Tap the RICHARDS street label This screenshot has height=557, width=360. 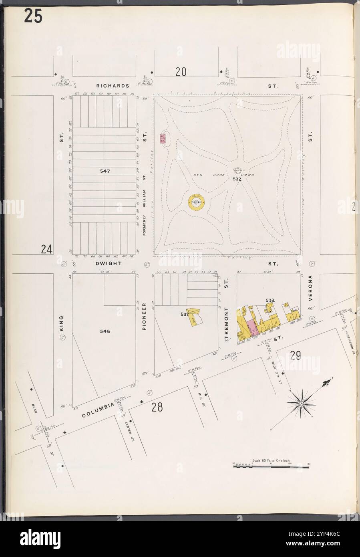(113, 86)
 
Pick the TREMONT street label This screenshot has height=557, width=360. (226, 321)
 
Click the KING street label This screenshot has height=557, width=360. (62, 323)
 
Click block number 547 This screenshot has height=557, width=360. (105, 171)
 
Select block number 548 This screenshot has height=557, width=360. (105, 331)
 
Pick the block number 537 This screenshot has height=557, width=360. (184, 315)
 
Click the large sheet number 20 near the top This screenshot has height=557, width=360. (181, 72)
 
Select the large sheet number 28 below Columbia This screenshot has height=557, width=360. (157, 407)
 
